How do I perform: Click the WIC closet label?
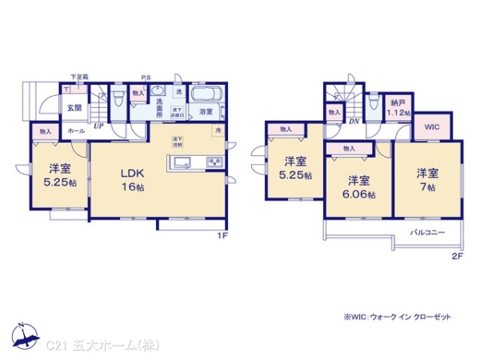[x=432, y=126]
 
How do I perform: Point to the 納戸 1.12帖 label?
[x=398, y=108]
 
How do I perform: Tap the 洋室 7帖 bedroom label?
[x=426, y=179]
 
